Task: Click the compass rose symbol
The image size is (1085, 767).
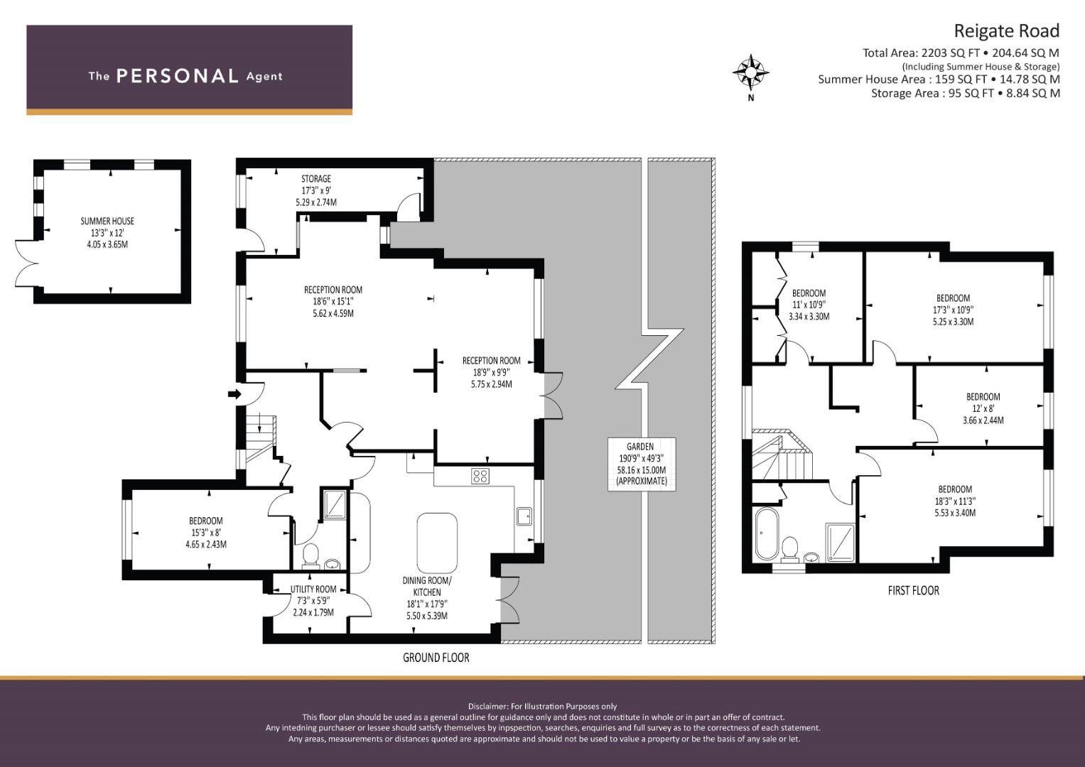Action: click(750, 73)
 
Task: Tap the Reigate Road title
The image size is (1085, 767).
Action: click(1007, 31)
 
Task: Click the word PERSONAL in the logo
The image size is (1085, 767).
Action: click(178, 76)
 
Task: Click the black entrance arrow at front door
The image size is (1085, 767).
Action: click(234, 394)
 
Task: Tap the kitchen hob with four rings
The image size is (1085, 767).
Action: click(480, 476)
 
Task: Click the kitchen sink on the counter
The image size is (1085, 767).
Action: click(524, 516)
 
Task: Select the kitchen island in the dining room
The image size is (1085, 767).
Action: click(436, 543)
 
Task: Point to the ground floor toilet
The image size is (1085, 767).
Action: click(310, 555)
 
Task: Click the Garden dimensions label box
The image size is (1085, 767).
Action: click(642, 464)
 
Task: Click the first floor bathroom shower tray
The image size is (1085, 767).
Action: click(841, 543)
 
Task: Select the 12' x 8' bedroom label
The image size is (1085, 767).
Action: click(983, 408)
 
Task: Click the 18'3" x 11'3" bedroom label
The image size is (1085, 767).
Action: click(955, 501)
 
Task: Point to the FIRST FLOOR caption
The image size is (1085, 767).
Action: click(913, 590)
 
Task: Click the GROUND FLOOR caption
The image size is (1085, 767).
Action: click(436, 657)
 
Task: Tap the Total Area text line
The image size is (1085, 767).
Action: click(961, 53)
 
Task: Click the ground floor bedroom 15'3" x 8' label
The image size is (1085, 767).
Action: click(206, 532)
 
